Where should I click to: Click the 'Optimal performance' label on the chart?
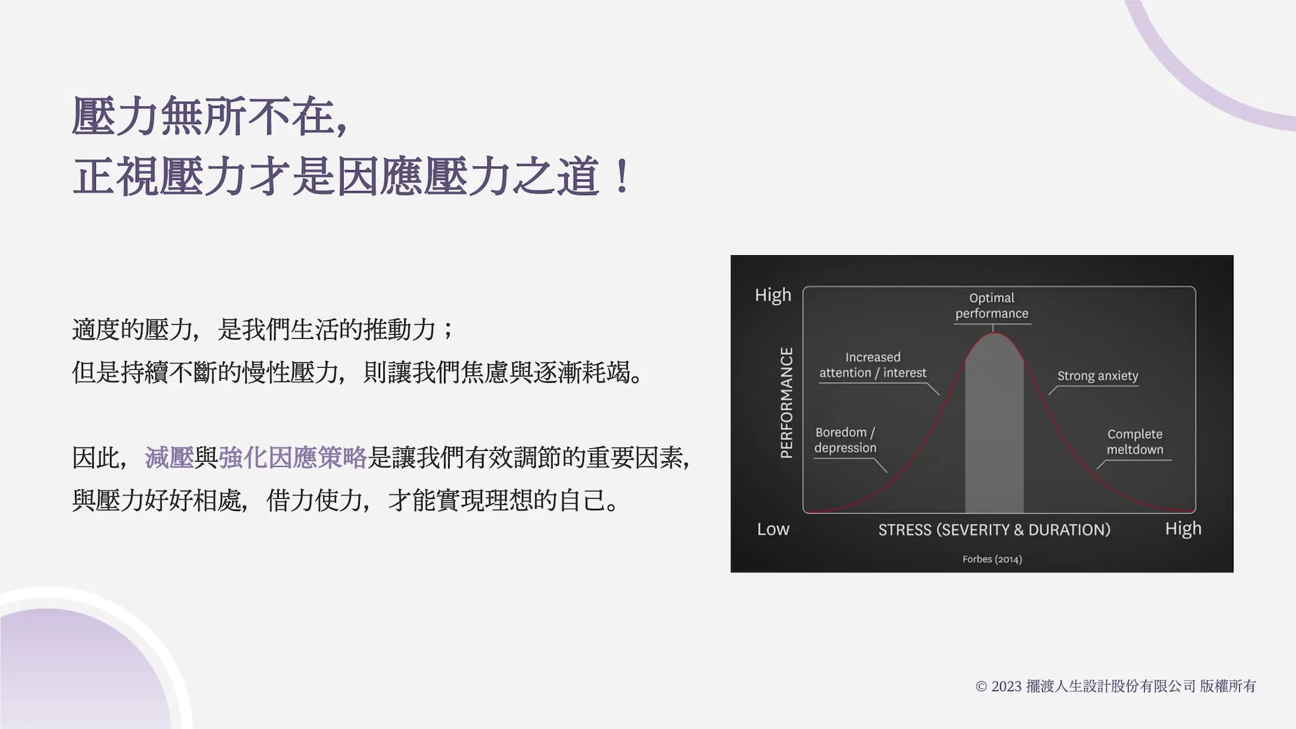992,306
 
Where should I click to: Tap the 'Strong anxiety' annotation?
1098,376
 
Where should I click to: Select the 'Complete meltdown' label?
1135,442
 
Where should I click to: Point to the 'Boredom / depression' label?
845,440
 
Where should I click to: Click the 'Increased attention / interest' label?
873,365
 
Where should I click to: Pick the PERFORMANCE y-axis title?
786,403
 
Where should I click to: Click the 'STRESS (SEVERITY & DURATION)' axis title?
994,530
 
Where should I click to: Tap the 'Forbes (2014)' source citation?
992,559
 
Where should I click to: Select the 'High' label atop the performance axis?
773,296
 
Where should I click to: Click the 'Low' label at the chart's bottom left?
773,529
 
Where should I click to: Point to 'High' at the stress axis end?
1183,529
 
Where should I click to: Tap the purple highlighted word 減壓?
169,458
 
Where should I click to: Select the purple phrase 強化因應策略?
292,458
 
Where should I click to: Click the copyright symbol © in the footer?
981,686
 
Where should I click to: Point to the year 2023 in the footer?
1006,686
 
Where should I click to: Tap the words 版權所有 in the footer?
1228,686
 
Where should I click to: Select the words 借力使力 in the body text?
315,500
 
